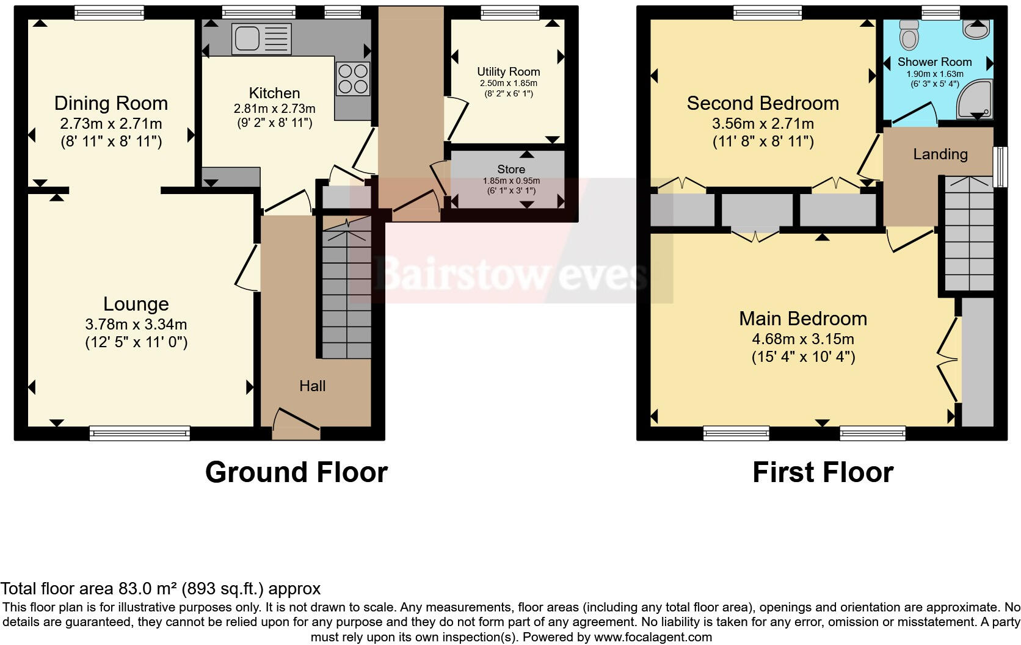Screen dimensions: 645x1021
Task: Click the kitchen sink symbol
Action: click(261, 38)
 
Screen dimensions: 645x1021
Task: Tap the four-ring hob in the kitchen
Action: click(353, 79)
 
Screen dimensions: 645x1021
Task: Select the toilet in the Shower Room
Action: click(909, 35)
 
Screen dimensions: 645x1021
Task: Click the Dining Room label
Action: click(111, 103)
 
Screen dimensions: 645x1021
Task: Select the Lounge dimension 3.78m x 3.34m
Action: click(136, 324)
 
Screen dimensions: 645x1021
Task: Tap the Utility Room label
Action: click(508, 71)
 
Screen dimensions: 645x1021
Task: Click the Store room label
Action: click(511, 169)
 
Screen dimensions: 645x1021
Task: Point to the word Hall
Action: click(312, 386)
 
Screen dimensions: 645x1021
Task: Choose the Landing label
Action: click(940, 154)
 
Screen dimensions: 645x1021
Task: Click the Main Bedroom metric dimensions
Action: click(803, 339)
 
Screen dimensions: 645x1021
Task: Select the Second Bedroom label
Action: click(762, 103)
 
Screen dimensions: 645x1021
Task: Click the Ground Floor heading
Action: click(296, 472)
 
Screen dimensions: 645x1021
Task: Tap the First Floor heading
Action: click(822, 472)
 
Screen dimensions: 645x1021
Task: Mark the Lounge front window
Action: click(139, 434)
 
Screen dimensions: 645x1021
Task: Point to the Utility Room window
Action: click(510, 12)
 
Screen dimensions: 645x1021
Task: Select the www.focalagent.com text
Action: click(652, 637)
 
